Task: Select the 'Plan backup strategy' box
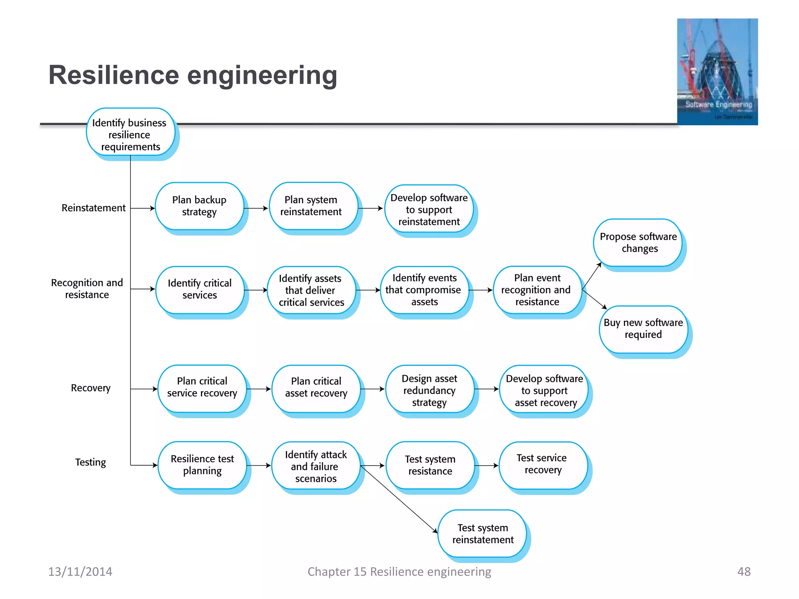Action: [199, 206]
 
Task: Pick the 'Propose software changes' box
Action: [638, 243]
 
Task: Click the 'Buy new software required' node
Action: [643, 329]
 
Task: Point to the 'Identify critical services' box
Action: [199, 289]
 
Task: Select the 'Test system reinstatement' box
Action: [483, 533]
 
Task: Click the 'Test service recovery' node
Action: [542, 464]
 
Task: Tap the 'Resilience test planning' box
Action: [202, 464]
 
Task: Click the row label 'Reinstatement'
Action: [94, 208]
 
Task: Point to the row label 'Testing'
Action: [91, 462]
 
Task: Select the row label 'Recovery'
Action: [91, 388]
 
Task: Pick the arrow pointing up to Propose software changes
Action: [591, 276]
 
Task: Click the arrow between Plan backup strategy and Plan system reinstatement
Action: [256, 208]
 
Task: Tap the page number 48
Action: [744, 571]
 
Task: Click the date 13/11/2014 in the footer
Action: [80, 571]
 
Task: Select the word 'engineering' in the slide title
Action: [262, 75]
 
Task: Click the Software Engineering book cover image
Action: [717, 71]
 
